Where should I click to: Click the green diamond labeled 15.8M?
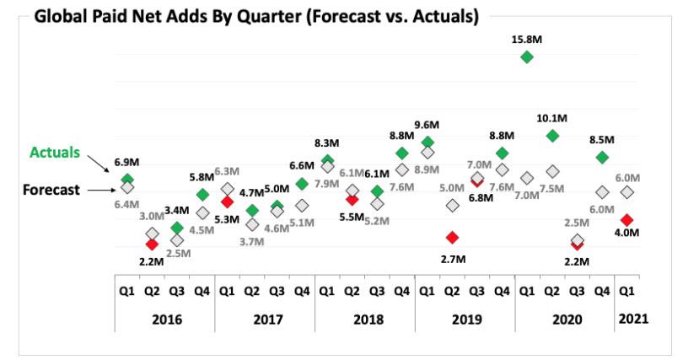[x=527, y=56]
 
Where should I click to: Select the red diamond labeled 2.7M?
[x=453, y=237]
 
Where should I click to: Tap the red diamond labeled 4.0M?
[x=626, y=219]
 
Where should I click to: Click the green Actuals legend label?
[x=55, y=153]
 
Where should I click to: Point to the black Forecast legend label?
[x=51, y=190]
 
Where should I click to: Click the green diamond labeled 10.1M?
[x=552, y=135]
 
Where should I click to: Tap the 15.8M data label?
[x=527, y=37]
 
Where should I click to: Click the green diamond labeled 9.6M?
[x=427, y=142]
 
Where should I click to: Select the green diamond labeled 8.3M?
[x=327, y=159]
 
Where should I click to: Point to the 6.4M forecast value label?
[x=126, y=204]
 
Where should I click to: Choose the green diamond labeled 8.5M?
[x=602, y=157]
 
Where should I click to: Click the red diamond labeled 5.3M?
[x=227, y=201]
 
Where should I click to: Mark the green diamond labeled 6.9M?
[x=127, y=179]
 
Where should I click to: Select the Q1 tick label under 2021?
[x=627, y=291]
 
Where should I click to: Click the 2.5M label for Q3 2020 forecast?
[x=576, y=223]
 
